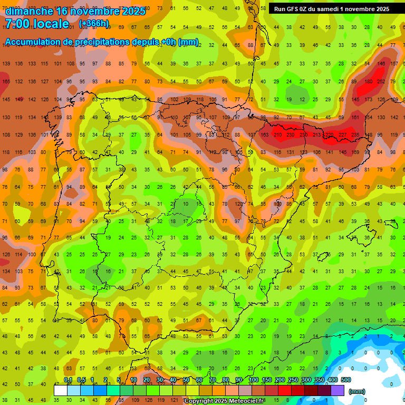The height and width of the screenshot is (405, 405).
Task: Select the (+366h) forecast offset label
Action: pyautogui.click(x=94, y=24)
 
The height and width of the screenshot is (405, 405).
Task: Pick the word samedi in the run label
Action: pyautogui.click(x=331, y=9)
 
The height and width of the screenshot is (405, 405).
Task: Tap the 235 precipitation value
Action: pyautogui.click(x=355, y=135)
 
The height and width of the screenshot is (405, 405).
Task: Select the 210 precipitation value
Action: pyautogui.click(x=277, y=135)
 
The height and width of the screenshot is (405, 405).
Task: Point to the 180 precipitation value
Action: pyautogui.click(x=368, y=81)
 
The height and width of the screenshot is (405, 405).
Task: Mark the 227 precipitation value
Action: pyautogui.click(x=342, y=135)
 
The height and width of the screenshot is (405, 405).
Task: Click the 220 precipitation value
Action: pyautogui.click(x=329, y=135)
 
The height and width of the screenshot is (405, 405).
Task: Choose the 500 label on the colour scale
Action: pyautogui.click(x=346, y=380)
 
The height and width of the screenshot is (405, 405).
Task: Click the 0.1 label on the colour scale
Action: pyautogui.click(x=67, y=380)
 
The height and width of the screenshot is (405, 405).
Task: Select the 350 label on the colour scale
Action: pyautogui.click(x=319, y=380)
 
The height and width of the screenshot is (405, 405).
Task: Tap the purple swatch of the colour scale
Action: pyautogui.click(x=337, y=390)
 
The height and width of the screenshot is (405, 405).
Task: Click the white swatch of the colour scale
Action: pyautogui.click(x=61, y=390)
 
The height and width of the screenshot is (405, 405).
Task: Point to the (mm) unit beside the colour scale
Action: pyautogui.click(x=357, y=391)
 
